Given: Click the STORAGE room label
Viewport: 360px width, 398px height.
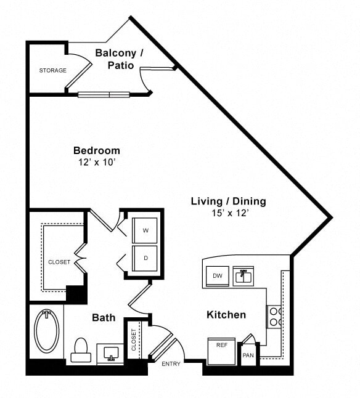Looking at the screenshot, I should click(x=52, y=70).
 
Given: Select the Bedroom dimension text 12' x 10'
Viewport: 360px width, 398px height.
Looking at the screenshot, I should click(x=96, y=163).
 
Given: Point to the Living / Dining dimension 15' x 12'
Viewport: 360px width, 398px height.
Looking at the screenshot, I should click(x=228, y=213).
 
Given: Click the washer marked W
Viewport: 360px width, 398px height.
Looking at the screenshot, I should click(x=145, y=230).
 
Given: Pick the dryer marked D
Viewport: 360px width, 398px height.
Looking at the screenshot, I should click(x=145, y=258).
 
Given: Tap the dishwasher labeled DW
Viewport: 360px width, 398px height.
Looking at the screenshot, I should click(x=217, y=275).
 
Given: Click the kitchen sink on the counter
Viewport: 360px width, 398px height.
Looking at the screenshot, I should click(x=244, y=277).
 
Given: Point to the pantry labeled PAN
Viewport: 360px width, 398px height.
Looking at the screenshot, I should click(x=248, y=355).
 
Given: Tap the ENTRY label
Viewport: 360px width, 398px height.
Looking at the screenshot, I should click(x=171, y=364).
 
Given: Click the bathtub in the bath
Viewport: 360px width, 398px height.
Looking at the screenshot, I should click(x=46, y=330).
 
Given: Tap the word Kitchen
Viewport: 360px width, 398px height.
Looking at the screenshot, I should click(x=226, y=315).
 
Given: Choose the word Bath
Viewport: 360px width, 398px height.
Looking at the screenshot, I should click(x=104, y=318).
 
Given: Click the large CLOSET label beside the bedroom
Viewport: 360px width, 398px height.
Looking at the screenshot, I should click(x=59, y=262).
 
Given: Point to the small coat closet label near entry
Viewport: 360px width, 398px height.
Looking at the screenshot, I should click(x=134, y=339).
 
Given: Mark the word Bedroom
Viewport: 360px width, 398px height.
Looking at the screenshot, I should click(x=97, y=150).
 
